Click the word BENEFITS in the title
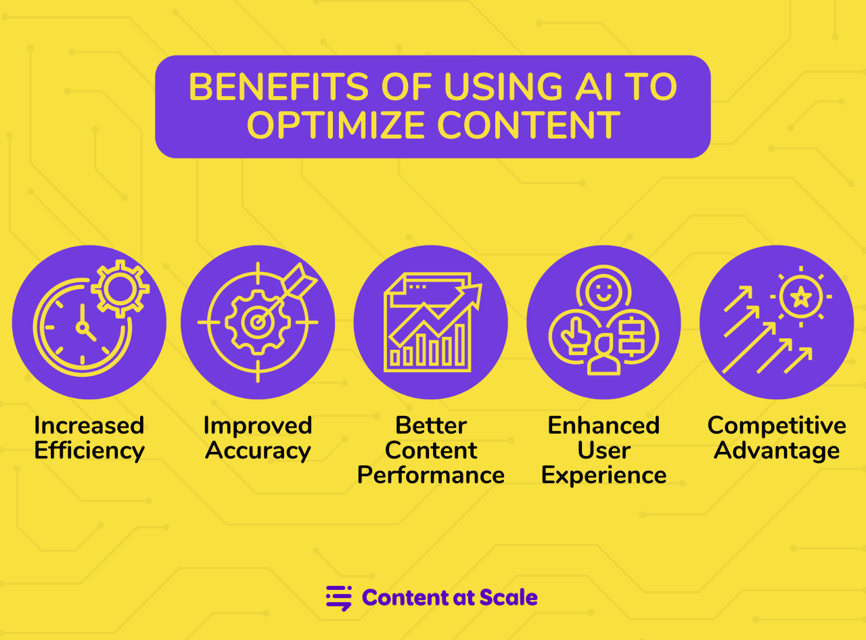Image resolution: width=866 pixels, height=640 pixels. click(278, 87)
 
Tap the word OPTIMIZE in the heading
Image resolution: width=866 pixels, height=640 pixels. click(336, 125)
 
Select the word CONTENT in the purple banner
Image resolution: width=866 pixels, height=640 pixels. click(528, 125)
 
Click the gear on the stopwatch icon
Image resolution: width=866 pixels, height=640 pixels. click(120, 289)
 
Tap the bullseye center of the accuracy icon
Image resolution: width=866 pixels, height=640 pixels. click(257, 323)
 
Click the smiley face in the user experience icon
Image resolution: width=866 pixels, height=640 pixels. click(603, 292)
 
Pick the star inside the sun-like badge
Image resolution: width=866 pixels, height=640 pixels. click(801, 297)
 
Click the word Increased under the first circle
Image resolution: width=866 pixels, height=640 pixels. click(89, 426)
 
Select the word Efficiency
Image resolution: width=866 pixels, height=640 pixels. click(89, 451)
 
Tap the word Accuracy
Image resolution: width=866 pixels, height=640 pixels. click(258, 451)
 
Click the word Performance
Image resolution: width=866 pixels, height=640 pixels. click(431, 475)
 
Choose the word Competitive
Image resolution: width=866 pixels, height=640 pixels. click(777, 426)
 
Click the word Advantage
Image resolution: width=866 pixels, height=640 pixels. click(777, 451)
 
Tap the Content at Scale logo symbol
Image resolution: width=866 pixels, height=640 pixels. click(339, 598)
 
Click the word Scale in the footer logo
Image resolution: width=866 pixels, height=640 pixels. click(508, 597)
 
